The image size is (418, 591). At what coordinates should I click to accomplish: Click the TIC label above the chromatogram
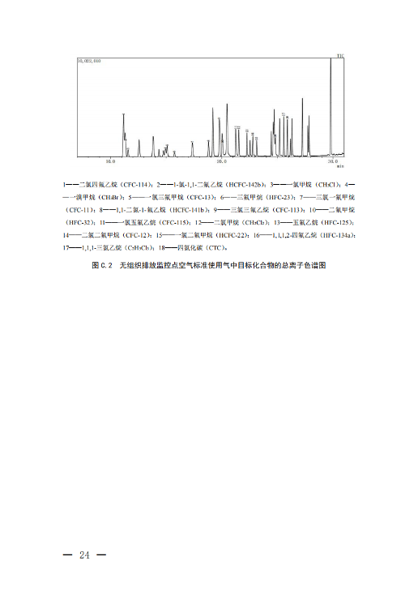pos(341,56)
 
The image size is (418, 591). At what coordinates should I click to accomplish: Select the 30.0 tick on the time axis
pos(331,161)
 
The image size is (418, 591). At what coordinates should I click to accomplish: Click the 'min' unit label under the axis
pos(341,166)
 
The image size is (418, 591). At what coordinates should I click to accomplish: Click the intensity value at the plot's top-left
pos(88,61)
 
